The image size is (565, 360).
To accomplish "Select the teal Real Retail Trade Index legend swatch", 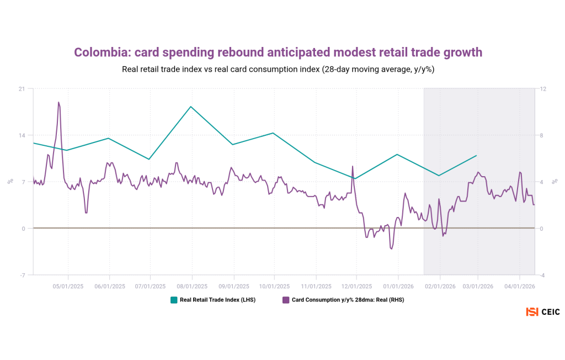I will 174,300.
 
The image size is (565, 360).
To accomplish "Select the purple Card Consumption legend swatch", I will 286,300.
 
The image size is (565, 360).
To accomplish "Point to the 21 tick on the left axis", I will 22,89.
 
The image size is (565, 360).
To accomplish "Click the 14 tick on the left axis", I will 22,135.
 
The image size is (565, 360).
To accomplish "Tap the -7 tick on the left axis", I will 22,275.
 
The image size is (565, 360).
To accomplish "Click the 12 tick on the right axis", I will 542,89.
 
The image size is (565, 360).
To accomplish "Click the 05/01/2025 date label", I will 68,286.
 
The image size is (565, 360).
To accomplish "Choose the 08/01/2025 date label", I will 191,286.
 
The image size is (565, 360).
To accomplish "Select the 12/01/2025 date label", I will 356,286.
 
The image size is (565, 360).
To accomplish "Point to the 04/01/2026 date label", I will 520,286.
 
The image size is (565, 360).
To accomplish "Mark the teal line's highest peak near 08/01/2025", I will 190,107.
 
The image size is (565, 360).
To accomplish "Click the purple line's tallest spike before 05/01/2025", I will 58,102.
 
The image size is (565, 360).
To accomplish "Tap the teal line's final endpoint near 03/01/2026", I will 476,156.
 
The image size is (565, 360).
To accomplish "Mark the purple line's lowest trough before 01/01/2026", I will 391,249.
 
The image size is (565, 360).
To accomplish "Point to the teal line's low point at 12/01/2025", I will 356,178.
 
